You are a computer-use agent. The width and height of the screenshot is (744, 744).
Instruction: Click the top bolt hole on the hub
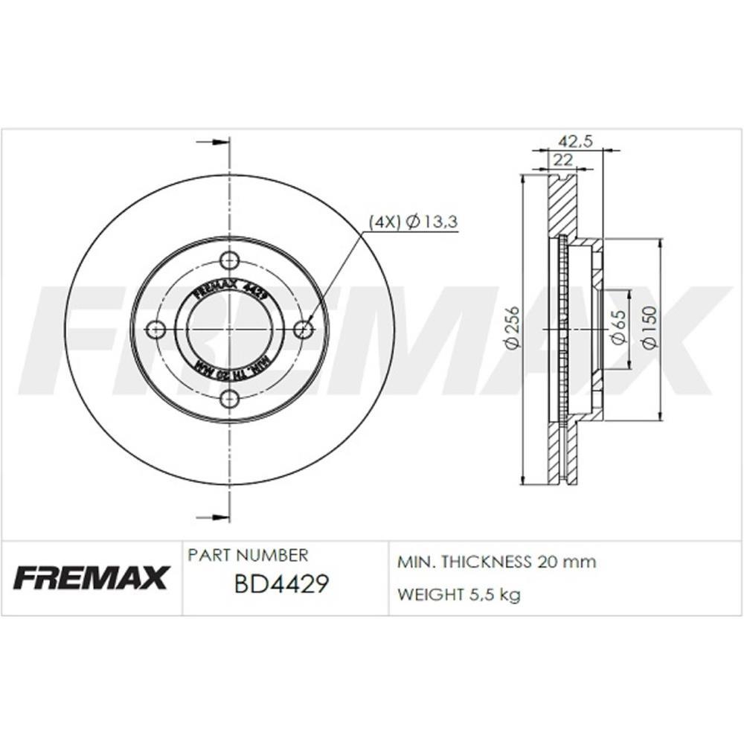(x=230, y=260)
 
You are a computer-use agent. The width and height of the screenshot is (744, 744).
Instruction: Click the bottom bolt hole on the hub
(x=230, y=400)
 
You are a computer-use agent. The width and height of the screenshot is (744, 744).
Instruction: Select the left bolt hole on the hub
(x=155, y=330)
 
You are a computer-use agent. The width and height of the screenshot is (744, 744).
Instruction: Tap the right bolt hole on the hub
(x=303, y=330)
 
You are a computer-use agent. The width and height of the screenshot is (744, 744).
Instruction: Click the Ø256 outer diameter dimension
(x=512, y=328)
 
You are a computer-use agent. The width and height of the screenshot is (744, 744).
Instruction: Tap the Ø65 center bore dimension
(x=617, y=328)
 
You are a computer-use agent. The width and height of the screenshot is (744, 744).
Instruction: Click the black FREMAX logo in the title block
(x=92, y=577)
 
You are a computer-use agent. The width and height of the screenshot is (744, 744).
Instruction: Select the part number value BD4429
(x=281, y=584)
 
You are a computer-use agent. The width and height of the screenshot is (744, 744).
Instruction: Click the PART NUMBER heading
(x=247, y=555)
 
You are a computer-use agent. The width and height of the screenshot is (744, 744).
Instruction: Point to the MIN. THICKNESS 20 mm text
(x=497, y=562)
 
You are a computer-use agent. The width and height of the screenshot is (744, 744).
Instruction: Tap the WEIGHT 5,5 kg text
(x=459, y=594)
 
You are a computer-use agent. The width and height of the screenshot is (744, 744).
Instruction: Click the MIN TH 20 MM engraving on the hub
(x=230, y=370)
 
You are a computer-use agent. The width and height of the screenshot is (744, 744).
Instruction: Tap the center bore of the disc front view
(x=230, y=330)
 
